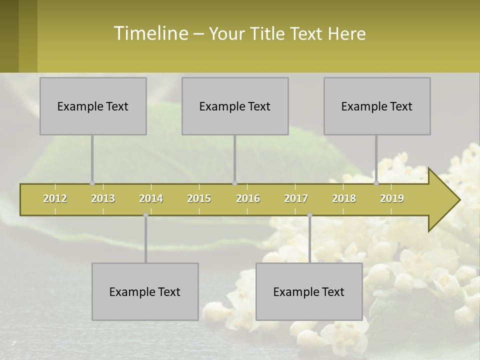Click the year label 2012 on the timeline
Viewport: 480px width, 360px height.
click(55, 198)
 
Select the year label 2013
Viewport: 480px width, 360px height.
click(103, 198)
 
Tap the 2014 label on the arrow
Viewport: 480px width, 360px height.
click(151, 198)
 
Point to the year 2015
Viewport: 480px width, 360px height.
click(199, 198)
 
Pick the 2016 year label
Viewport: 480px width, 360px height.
click(248, 198)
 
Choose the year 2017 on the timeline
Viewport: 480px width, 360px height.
click(296, 198)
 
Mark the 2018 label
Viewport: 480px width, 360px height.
click(344, 198)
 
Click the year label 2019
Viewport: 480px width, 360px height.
click(392, 198)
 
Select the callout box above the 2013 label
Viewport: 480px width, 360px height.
click(93, 106)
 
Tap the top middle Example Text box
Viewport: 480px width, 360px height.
click(235, 106)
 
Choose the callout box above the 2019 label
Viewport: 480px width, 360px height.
click(377, 106)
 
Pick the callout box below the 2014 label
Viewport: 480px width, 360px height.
click(145, 292)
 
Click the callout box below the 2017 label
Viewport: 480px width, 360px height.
click(309, 292)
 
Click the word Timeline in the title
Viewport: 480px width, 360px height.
click(150, 33)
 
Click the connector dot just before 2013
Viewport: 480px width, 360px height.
click(92, 183)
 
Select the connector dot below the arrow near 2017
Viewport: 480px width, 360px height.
click(309, 215)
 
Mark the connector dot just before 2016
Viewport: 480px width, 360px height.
click(234, 183)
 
